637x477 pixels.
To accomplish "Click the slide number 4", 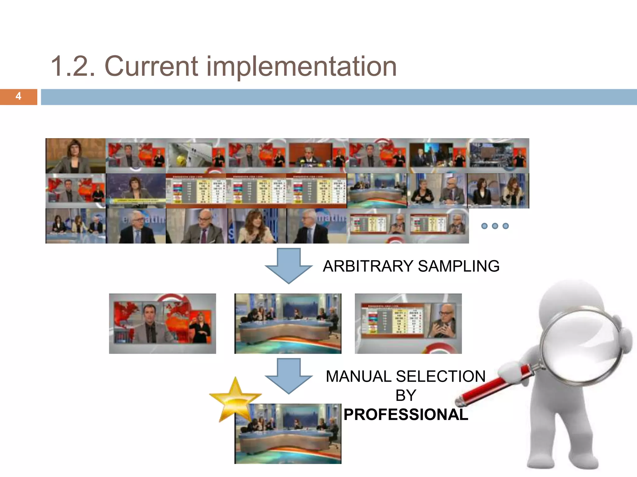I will coord(18,96).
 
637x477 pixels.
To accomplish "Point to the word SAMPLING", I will coord(458,266).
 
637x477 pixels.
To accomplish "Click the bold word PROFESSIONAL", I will coord(406,415).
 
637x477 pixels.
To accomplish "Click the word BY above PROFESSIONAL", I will coord(406,396).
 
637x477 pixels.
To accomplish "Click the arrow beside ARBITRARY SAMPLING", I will coord(289,266).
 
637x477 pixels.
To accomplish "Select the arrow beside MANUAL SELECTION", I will coord(289,376).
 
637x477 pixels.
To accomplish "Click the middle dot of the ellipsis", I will coord(495,226).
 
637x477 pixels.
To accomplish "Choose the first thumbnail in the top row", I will coord(76,156).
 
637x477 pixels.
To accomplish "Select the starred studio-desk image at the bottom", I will coord(288,434).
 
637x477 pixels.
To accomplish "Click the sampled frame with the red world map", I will coord(162,323).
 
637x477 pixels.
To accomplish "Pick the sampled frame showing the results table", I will coord(408,323).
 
